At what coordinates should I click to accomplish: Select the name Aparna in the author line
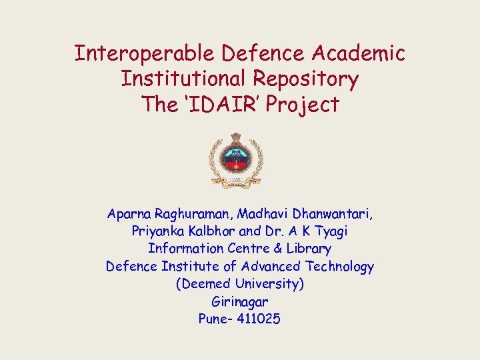pos(129,214)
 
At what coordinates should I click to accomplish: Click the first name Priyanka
pos(157,231)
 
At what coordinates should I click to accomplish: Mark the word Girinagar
pos(239,301)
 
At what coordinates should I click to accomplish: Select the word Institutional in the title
pos(183,79)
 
